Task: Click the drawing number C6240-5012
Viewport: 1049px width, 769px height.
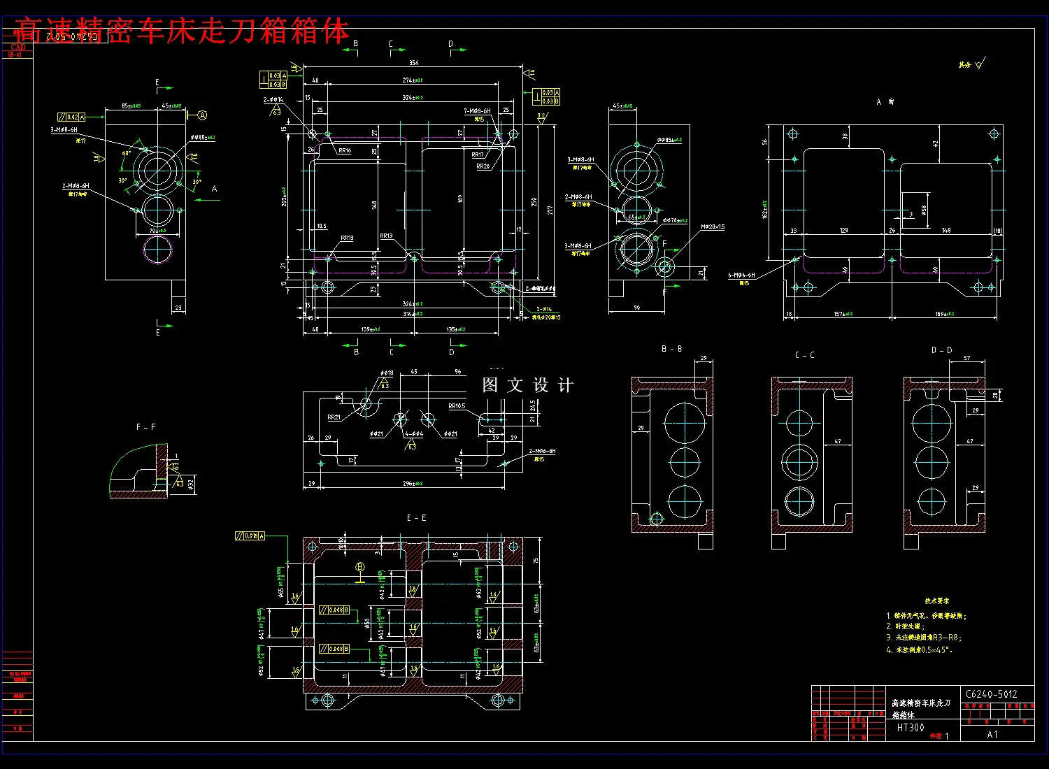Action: click(991, 694)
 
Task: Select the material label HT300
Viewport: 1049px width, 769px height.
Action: click(911, 728)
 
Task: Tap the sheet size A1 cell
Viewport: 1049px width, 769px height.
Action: click(992, 735)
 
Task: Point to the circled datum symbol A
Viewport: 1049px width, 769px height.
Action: click(202, 115)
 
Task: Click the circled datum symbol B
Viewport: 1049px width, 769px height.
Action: click(360, 567)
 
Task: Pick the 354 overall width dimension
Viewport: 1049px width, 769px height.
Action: click(413, 63)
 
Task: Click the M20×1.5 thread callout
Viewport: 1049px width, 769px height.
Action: click(713, 227)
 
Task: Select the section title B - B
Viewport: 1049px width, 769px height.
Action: click(671, 349)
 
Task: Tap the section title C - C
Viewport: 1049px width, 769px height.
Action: click(804, 355)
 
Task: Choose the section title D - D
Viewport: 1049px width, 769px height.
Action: click(941, 350)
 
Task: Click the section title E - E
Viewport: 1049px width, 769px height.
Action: click(416, 518)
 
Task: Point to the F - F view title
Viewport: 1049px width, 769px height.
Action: click(145, 427)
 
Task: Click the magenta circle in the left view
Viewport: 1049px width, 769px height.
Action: click(158, 250)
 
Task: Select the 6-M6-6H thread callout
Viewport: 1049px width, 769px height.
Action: click(741, 275)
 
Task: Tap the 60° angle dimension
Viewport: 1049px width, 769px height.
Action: click(127, 154)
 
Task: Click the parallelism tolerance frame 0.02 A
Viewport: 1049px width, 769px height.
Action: click(71, 117)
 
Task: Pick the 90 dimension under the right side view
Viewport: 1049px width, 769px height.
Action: click(636, 308)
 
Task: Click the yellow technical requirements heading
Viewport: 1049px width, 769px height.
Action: click(936, 601)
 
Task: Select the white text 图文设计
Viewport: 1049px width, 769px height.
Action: click(528, 385)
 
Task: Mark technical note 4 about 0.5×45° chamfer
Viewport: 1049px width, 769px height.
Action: click(920, 650)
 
